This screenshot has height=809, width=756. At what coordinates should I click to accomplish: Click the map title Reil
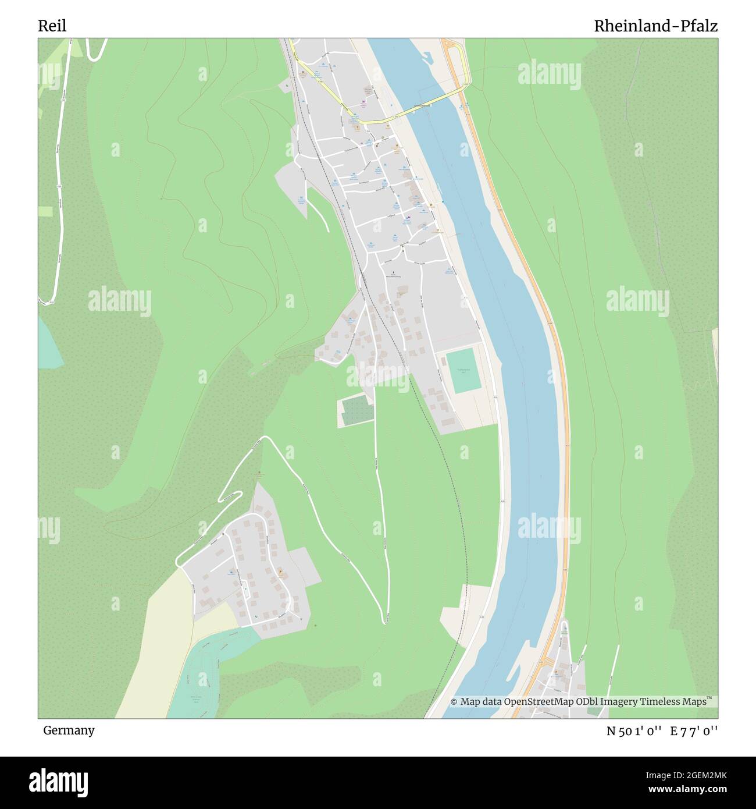(52, 26)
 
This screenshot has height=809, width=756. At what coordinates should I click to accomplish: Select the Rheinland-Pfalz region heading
(655, 26)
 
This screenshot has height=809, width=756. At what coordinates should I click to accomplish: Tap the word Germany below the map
(69, 730)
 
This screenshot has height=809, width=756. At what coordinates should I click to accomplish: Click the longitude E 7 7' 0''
(694, 731)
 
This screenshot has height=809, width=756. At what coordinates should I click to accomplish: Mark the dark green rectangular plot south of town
(355, 410)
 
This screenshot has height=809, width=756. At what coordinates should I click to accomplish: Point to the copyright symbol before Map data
(454, 702)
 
